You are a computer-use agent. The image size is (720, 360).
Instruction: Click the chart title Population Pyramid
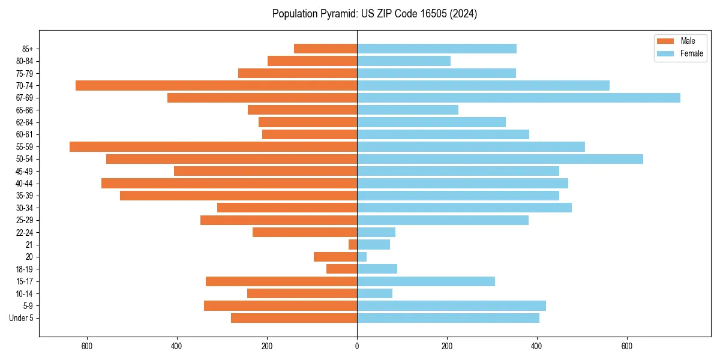pyautogui.click(x=374, y=14)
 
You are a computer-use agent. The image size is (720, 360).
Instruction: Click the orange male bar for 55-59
pyautogui.click(x=213, y=146)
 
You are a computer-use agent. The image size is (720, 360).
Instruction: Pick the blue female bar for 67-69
pyautogui.click(x=518, y=98)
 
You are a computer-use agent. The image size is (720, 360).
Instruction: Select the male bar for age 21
pyautogui.click(x=353, y=245)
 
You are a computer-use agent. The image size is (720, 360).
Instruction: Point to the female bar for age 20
pyautogui.click(x=362, y=257)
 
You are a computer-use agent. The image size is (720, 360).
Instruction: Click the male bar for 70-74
pyautogui.click(x=216, y=85)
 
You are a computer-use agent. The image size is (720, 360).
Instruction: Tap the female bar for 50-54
pyautogui.click(x=500, y=159)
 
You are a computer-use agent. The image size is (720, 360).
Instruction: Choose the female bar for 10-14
pyautogui.click(x=374, y=293)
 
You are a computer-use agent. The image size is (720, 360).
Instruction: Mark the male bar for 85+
pyautogui.click(x=325, y=49)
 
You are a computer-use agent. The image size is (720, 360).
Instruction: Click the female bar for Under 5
pyautogui.click(x=448, y=318)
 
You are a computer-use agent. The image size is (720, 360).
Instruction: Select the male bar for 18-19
pyautogui.click(x=341, y=269)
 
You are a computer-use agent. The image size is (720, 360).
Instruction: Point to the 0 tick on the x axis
pyautogui.click(x=357, y=346)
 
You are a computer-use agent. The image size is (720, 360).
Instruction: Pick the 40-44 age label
pyautogui.click(x=24, y=184)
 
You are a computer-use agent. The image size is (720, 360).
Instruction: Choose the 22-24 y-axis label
pyautogui.click(x=24, y=232)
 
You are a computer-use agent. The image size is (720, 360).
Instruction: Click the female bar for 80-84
pyautogui.click(x=404, y=61)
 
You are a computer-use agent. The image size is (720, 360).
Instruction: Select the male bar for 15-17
pyautogui.click(x=281, y=281)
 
